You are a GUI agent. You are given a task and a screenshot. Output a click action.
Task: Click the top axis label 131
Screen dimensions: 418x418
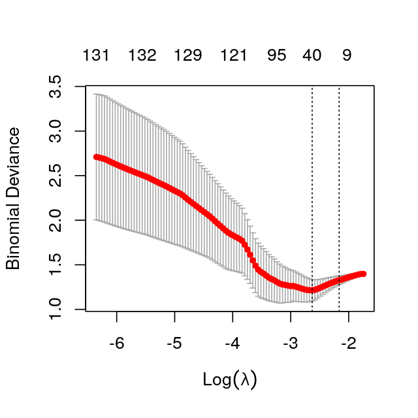[95, 56]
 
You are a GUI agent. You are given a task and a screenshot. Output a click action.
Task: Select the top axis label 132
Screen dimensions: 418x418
[142, 56]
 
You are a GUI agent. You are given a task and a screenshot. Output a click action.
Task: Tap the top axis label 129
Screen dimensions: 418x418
[188, 56]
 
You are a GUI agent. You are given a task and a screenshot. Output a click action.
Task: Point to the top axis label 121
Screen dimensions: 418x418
[234, 56]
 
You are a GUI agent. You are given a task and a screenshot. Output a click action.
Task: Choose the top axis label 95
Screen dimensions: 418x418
[277, 56]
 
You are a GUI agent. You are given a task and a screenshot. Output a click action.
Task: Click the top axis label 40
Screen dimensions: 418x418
[312, 56]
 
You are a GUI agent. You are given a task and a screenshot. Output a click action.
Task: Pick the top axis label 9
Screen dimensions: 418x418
[347, 56]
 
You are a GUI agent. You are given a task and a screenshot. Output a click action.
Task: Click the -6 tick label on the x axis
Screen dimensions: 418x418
[116, 344]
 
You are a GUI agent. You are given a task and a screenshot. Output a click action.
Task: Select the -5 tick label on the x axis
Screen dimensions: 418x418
[174, 344]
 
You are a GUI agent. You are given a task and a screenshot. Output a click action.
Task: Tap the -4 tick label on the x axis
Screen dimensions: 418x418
[232, 344]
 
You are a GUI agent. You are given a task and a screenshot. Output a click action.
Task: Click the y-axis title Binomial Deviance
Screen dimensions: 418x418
[14, 198]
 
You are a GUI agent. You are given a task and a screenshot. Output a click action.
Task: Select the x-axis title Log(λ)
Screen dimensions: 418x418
[230, 379]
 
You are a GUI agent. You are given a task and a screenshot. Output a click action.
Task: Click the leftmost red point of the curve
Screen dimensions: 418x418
[97, 157]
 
